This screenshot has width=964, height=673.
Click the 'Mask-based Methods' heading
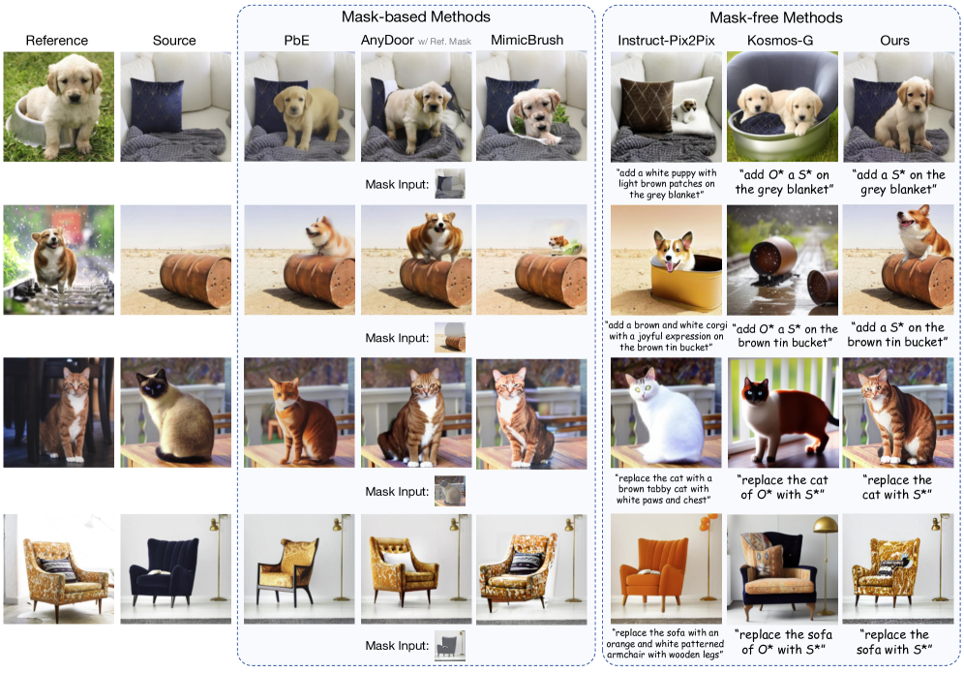(x=415, y=16)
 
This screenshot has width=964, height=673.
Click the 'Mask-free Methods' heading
(x=776, y=17)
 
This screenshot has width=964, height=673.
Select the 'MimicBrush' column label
(x=527, y=40)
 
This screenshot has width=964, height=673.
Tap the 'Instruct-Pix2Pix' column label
(x=666, y=41)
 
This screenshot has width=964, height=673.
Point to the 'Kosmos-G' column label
(x=779, y=41)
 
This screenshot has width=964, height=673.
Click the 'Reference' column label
(x=56, y=41)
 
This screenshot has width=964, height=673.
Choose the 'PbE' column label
(x=296, y=41)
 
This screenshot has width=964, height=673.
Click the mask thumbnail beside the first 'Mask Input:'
(x=449, y=184)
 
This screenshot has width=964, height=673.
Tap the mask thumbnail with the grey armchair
(x=449, y=645)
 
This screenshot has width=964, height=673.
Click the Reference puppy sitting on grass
(x=58, y=107)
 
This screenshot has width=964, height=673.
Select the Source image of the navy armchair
(x=176, y=569)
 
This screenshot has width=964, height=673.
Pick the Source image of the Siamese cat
(x=176, y=413)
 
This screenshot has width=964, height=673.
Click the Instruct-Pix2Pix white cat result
(x=666, y=413)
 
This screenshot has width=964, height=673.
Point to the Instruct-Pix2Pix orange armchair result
(x=666, y=569)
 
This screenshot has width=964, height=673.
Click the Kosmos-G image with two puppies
(x=782, y=107)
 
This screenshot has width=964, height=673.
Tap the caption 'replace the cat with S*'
(x=897, y=487)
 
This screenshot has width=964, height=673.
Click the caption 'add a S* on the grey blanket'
(x=898, y=182)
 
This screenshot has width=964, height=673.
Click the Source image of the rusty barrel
(x=176, y=260)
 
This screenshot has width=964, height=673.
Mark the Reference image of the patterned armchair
(x=58, y=569)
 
